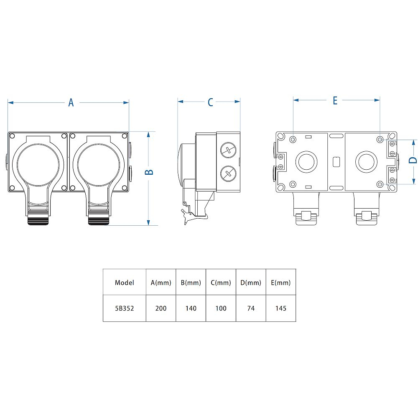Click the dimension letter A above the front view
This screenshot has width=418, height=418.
tap(71, 102)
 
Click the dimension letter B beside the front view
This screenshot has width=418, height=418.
tap(149, 172)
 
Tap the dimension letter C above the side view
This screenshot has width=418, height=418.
tap(210, 102)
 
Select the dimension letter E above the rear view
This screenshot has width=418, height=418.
tap(335, 100)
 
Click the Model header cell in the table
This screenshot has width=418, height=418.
tap(125, 283)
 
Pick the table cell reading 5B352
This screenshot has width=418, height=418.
tap(125, 308)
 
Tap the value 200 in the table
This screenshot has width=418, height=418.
tap(161, 308)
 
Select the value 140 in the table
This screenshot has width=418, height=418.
tap(191, 308)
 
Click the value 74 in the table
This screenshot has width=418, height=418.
tap(251, 308)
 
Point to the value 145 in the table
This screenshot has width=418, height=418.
tap(281, 308)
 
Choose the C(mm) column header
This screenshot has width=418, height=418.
tap(221, 283)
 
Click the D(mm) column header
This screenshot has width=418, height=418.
tap(251, 283)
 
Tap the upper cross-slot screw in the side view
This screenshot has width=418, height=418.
tap(229, 150)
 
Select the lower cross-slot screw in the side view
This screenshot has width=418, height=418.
tap(229, 173)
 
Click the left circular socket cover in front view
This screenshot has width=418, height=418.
tap(38, 165)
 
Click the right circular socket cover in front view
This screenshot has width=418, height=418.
tap(99, 165)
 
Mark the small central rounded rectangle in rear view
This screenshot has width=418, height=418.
tap(336, 162)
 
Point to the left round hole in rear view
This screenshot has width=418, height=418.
tap(306, 162)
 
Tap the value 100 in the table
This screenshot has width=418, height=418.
tap(221, 308)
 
